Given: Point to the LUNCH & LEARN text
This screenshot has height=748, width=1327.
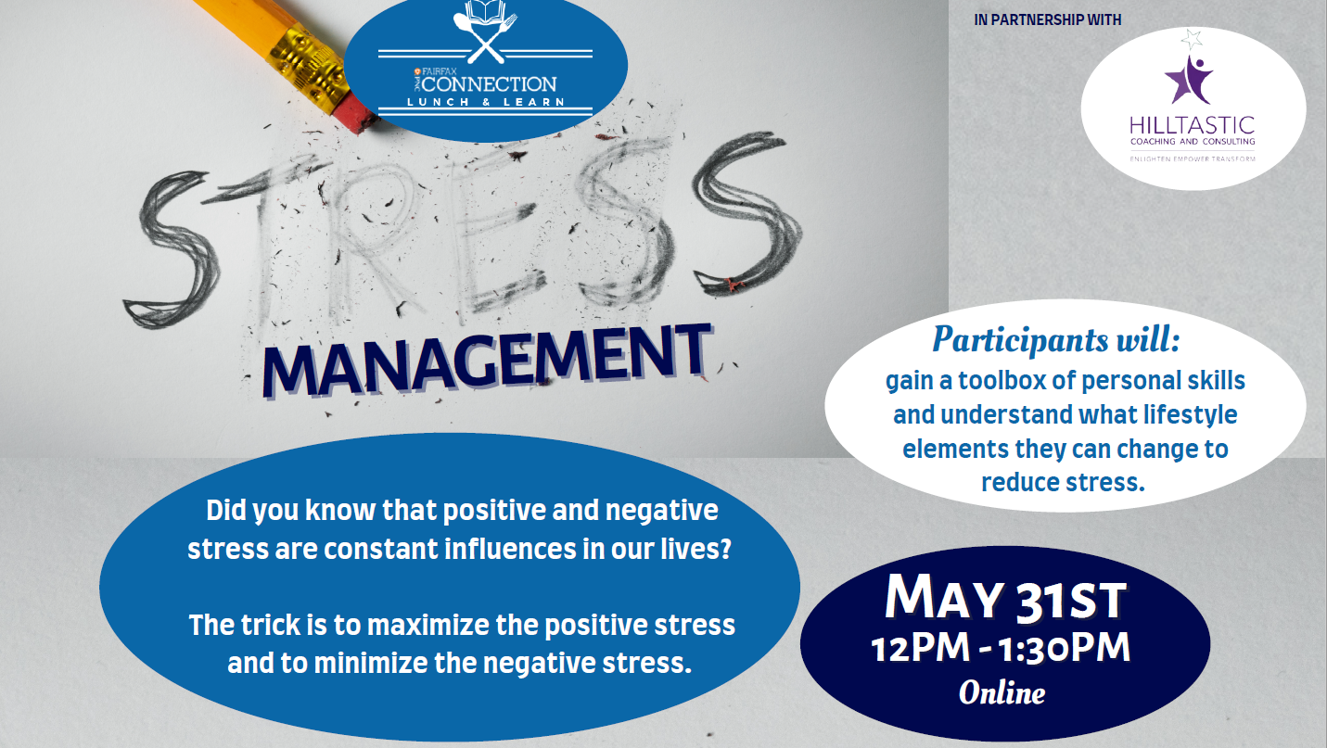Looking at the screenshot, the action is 486,102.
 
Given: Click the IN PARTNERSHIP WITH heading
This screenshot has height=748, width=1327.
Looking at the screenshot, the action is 1047,19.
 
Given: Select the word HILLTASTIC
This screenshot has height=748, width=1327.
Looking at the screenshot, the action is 1192,125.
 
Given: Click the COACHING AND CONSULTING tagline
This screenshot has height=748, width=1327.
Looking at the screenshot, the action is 1193,142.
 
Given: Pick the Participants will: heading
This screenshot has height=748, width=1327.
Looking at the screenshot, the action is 1055,339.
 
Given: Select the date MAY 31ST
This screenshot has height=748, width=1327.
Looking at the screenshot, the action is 1005,598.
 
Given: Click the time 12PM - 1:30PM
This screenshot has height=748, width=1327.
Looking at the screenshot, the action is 1001,647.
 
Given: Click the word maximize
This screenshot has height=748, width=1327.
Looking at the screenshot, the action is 430,626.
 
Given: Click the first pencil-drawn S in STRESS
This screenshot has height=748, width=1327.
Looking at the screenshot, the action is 172,248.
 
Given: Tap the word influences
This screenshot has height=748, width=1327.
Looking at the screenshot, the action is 510,549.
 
